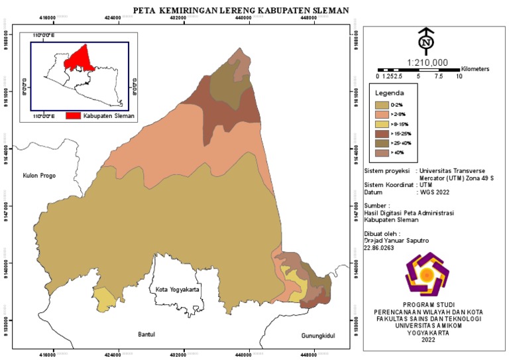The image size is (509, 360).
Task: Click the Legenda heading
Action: tap(390, 93)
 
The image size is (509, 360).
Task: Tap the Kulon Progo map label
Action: tap(34, 176)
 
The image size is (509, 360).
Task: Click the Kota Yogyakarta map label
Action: tap(177, 290)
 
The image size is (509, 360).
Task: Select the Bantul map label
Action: tap(146, 334)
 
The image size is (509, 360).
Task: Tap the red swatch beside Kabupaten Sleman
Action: tap(73, 115)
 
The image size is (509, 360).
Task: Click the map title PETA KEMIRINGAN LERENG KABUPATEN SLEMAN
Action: tap(241, 11)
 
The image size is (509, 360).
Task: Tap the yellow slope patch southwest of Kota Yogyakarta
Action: tap(104, 299)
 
